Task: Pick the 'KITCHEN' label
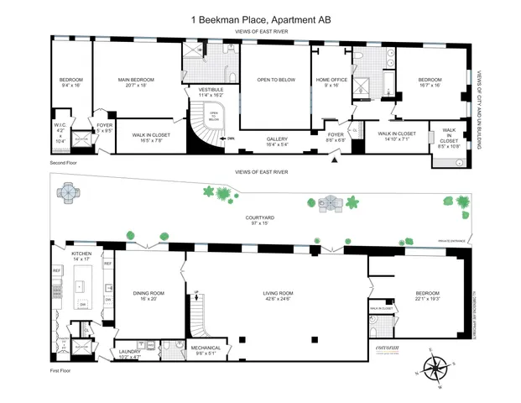click(x=81, y=253)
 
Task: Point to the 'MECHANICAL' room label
click(x=206, y=348)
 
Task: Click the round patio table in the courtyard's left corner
click(x=66, y=194)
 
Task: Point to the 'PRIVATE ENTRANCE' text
click(x=451, y=241)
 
